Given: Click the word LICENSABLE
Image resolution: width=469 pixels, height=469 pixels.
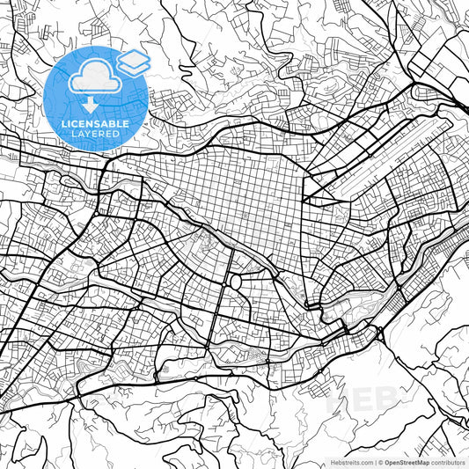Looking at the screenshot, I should (x=96, y=124).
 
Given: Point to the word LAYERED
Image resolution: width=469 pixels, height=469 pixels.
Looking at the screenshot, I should (x=96, y=134).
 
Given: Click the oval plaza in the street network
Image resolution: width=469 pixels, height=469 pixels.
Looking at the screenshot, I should (x=235, y=282).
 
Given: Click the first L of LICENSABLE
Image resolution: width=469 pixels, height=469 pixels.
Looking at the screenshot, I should (x=63, y=124).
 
